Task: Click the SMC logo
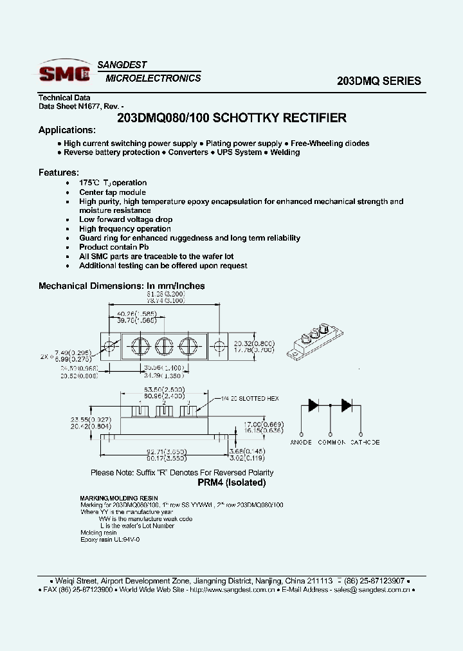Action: point(64,73)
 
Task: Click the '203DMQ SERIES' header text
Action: point(379,81)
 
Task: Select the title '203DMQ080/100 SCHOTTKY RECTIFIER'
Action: point(232,118)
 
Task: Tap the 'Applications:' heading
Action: point(67,130)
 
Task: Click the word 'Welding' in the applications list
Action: point(285,152)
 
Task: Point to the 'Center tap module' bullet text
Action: point(113,192)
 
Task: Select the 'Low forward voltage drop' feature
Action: point(120,219)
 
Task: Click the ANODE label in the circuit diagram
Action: point(301,442)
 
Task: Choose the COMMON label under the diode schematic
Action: point(332,442)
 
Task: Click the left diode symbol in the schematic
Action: point(314,405)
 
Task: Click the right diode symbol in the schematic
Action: point(347,405)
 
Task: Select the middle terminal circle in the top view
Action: point(164,346)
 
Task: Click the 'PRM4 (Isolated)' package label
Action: point(231,482)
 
